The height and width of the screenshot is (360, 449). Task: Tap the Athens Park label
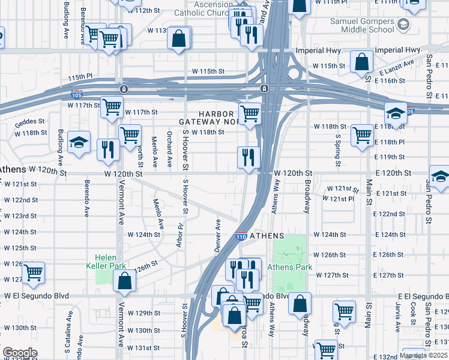tap(288, 267)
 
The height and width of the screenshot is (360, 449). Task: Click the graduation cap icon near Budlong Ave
tap(79, 143)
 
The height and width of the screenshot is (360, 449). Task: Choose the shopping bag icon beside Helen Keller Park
tap(124, 281)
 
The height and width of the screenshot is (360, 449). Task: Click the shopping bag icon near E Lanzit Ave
tap(362, 62)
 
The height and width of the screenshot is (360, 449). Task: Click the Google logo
tap(19, 353)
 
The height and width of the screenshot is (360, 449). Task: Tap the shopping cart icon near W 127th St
tap(34, 272)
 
